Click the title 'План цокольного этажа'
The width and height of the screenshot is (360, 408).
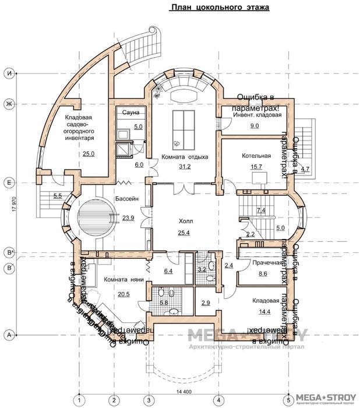coord(211,8)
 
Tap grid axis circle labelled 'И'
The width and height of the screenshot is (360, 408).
coord(9,73)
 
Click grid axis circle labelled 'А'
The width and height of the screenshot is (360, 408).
coord(9,335)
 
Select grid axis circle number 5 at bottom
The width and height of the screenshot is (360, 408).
coord(288,399)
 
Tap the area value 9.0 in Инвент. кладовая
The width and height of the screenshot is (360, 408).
coord(255,125)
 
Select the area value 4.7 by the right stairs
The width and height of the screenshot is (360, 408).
coord(306,170)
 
